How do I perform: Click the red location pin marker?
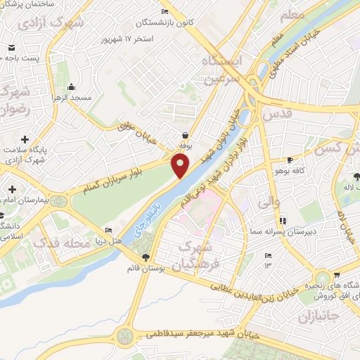click(181, 166)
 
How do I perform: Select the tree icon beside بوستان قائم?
click(145, 257)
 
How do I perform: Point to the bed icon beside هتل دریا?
click(108, 230)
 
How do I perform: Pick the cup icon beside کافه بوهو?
click(290, 161)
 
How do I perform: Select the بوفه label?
click(185, 145)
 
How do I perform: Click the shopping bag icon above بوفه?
click(185, 134)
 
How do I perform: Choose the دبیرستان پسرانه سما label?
click(271, 231)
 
